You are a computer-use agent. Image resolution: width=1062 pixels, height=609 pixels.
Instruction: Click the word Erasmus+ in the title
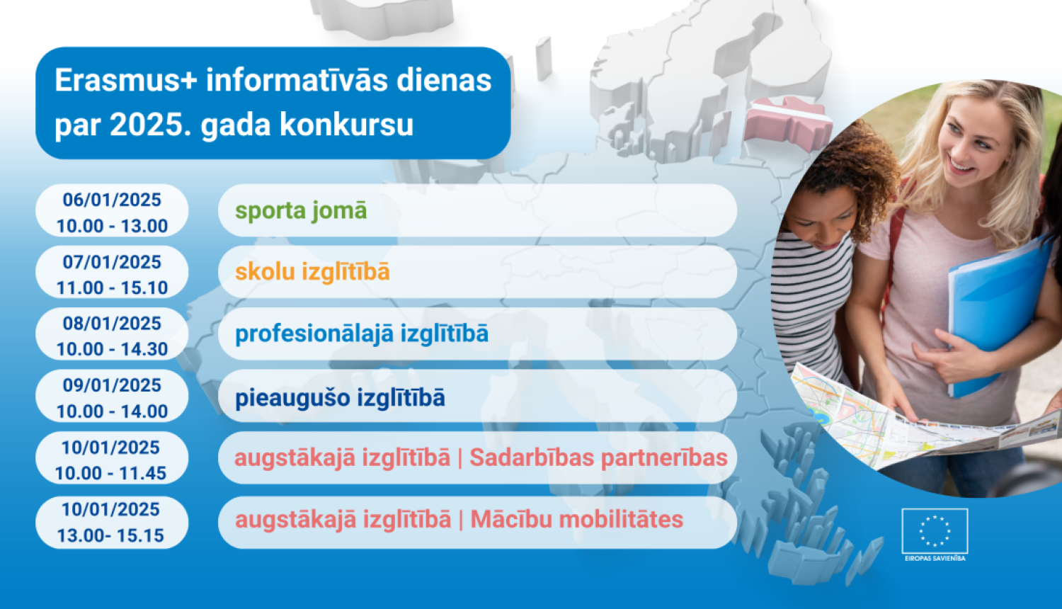click(x=125, y=81)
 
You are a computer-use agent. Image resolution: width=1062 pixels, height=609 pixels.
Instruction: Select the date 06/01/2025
click(x=112, y=200)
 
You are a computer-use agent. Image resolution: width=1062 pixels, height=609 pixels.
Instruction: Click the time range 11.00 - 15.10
click(x=112, y=288)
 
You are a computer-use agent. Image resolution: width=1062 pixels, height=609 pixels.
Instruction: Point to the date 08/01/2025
click(x=112, y=324)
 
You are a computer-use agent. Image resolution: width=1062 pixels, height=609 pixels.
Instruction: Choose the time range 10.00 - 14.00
click(x=112, y=411)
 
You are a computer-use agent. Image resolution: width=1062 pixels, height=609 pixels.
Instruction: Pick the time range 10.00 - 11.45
click(x=111, y=473)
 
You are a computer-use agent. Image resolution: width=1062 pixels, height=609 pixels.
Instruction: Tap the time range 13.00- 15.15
click(x=111, y=535)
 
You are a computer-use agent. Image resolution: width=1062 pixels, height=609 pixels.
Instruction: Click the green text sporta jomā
click(x=301, y=210)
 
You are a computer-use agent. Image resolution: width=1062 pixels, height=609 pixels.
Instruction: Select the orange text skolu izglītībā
click(x=312, y=272)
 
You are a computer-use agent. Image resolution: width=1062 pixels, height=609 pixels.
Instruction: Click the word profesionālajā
click(x=314, y=334)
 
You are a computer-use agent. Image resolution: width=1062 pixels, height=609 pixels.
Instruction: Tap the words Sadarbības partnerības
click(x=598, y=457)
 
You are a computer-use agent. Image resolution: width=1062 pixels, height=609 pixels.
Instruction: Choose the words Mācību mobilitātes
click(x=576, y=519)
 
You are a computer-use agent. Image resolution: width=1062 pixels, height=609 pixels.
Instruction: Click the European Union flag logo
click(x=935, y=531)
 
